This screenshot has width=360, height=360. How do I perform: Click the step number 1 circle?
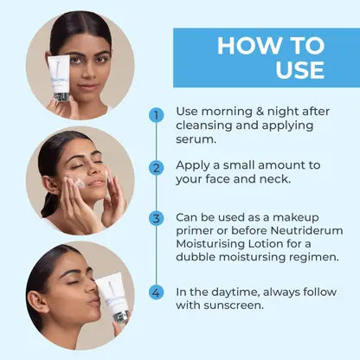point(157,115)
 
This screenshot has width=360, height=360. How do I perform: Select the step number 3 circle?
point(157,218)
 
